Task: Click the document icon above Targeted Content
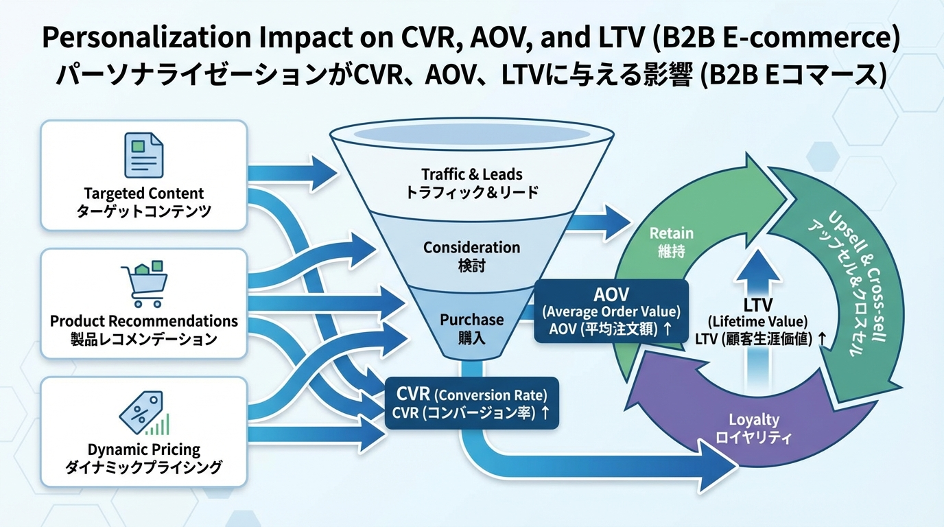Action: [x=143, y=155]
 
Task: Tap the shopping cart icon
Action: [x=143, y=285]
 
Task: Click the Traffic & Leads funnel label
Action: [x=471, y=182]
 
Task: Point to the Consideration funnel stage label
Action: [x=471, y=255]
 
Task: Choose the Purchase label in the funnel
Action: [x=471, y=327]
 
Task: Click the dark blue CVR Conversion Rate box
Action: [x=471, y=403]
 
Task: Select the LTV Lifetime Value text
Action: [x=757, y=320]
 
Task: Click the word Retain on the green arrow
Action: [x=671, y=241]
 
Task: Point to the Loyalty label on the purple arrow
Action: [x=753, y=428]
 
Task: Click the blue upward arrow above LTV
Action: [x=757, y=268]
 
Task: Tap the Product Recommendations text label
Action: [x=143, y=321]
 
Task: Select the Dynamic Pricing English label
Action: [x=143, y=450]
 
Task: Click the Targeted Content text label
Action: [x=143, y=194]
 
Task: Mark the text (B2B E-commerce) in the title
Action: [x=775, y=38]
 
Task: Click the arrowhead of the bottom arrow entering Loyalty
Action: [x=720, y=467]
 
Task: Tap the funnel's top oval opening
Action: [x=471, y=132]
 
